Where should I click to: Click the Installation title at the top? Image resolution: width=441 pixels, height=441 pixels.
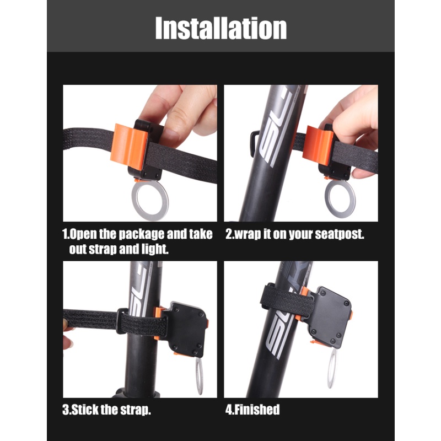point(221,28)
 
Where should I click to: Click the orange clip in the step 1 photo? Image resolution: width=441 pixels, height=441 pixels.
point(129,147)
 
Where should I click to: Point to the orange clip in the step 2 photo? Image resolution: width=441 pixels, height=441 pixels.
point(318,145)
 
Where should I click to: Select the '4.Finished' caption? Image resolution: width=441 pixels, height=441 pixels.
point(252,410)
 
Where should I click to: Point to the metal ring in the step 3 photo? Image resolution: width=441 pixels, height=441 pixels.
point(199,377)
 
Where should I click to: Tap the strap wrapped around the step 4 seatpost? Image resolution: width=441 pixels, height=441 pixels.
point(287,301)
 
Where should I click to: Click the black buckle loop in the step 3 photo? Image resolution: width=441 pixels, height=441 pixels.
point(119,321)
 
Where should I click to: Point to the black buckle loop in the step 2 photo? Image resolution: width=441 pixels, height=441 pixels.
point(252,143)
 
